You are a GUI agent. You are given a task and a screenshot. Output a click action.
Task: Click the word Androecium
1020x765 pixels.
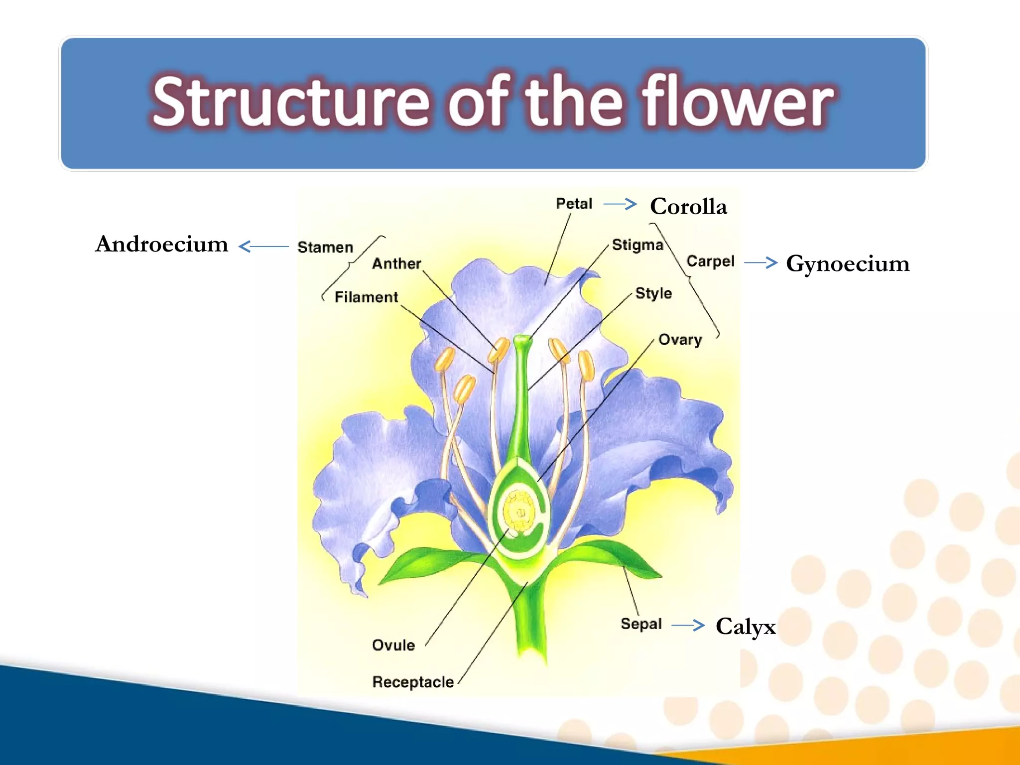pyautogui.click(x=161, y=245)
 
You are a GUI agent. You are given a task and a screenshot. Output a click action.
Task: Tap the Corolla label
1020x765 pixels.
pyautogui.click(x=688, y=207)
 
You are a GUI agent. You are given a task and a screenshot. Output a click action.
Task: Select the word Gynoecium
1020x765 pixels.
pyautogui.click(x=847, y=264)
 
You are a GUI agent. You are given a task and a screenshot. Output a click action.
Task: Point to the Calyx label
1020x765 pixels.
pyautogui.click(x=745, y=627)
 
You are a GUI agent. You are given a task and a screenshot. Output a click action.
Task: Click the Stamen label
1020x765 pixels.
pyautogui.click(x=325, y=247)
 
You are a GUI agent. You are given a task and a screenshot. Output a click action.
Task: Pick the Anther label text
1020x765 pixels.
pyautogui.click(x=396, y=263)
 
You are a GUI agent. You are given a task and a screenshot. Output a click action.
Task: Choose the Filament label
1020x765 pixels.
pyautogui.click(x=366, y=297)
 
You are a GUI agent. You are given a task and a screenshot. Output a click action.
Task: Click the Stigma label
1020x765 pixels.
pyautogui.click(x=637, y=245)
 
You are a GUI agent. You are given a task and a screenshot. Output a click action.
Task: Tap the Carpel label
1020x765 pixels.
pyautogui.click(x=710, y=261)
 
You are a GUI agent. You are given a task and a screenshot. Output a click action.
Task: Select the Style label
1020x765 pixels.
pyautogui.click(x=653, y=293)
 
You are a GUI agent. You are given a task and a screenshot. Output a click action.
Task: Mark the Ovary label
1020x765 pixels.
pyautogui.click(x=680, y=340)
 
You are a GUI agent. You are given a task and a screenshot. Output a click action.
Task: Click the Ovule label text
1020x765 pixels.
pyautogui.click(x=393, y=645)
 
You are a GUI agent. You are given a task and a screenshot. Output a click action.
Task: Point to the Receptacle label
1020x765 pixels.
pyautogui.click(x=413, y=682)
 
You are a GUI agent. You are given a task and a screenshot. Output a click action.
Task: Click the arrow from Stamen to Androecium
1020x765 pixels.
pyautogui.click(x=263, y=246)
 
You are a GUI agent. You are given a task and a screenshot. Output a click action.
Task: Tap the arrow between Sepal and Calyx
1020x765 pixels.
pyautogui.click(x=688, y=625)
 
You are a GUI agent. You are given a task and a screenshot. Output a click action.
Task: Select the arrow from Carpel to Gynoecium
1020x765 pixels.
pyautogui.click(x=761, y=262)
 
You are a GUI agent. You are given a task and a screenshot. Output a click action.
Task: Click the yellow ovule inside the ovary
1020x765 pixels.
pyautogui.click(x=519, y=510)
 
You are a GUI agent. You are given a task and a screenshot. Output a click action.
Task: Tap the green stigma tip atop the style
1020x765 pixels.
pyautogui.click(x=521, y=341)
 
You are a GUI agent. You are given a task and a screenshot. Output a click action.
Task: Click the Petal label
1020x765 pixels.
pyautogui.click(x=574, y=204)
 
